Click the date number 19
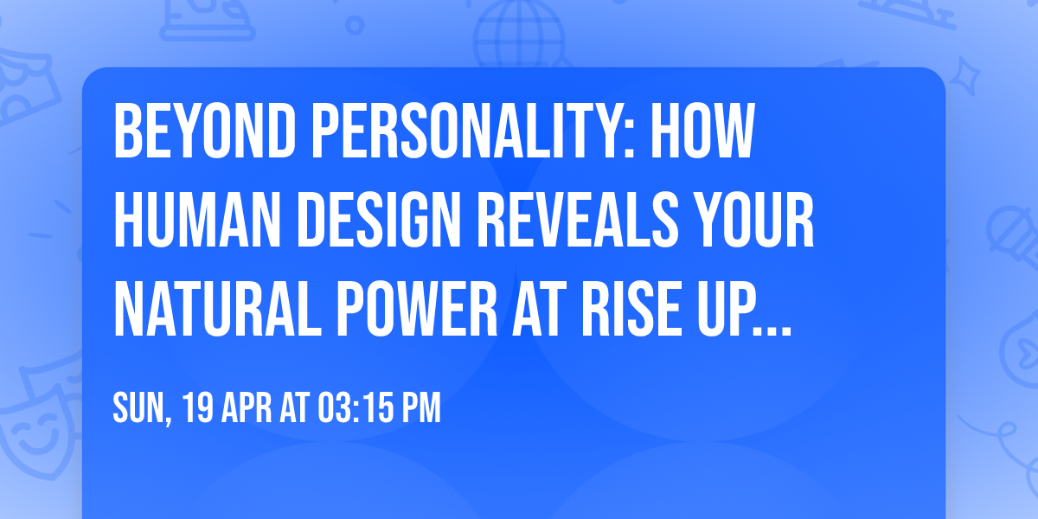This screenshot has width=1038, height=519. point(196,408)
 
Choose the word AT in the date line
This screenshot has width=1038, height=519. point(293,408)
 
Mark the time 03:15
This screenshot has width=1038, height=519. point(350,408)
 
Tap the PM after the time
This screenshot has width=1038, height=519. point(420,408)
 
